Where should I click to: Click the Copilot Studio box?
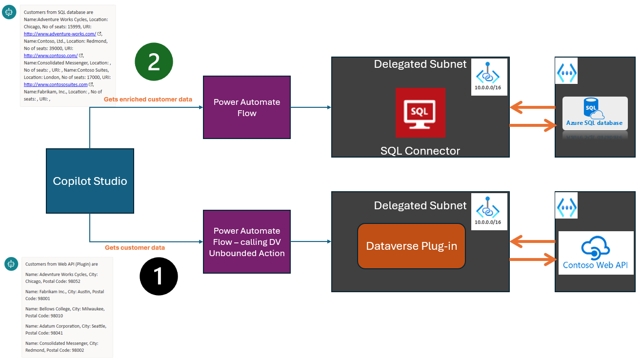pyautogui.click(x=90, y=181)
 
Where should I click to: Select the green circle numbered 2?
pyautogui.click(x=154, y=62)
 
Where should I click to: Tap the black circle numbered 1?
pyautogui.click(x=159, y=277)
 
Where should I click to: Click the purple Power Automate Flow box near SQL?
pyautogui.click(x=246, y=107)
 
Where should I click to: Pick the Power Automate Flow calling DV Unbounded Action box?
pyautogui.click(x=246, y=241)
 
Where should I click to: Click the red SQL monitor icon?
pyautogui.click(x=420, y=112)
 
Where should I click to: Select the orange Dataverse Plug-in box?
pyautogui.click(x=411, y=246)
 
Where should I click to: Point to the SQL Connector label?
pyautogui.click(x=420, y=151)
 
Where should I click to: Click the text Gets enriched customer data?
pyautogui.click(x=148, y=100)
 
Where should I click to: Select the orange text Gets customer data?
pyautogui.click(x=135, y=248)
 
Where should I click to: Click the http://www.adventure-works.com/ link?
pyautogui.click(x=60, y=34)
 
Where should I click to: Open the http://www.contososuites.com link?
pyautogui.click(x=56, y=84)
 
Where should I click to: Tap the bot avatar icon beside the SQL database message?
pyautogui.click(x=9, y=13)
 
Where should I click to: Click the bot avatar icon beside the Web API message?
pyautogui.click(x=11, y=264)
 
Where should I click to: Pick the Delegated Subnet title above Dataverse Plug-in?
pyautogui.click(x=420, y=205)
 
